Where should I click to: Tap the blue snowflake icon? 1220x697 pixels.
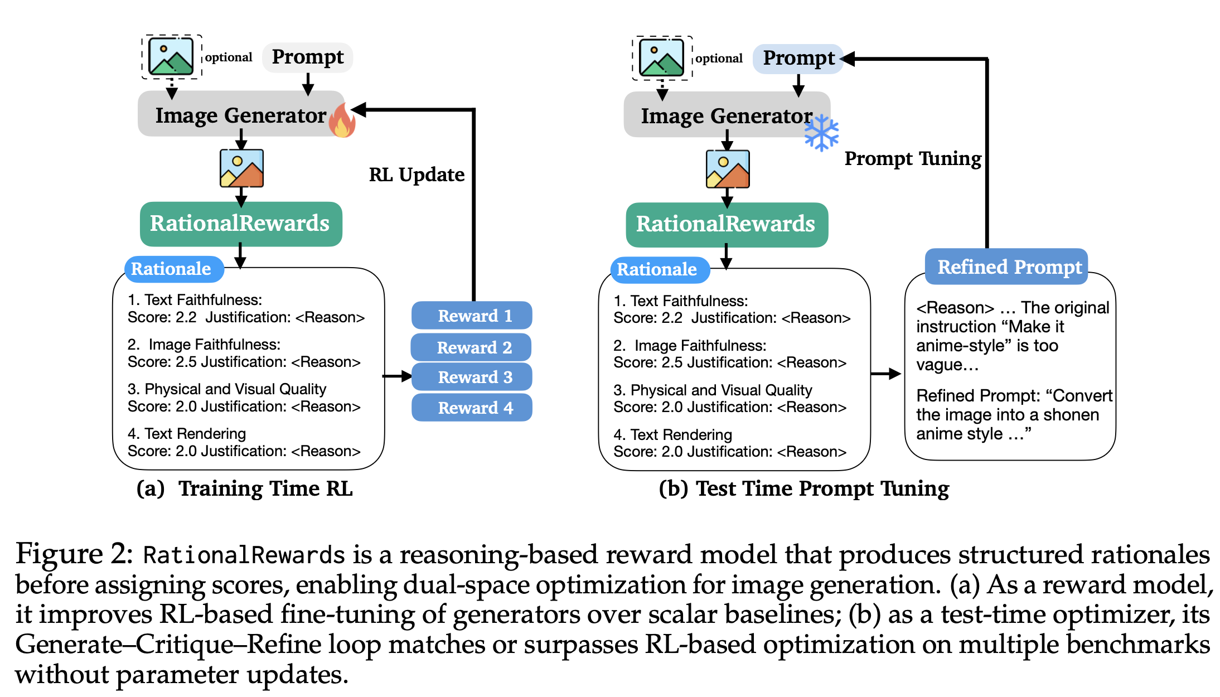coord(821,133)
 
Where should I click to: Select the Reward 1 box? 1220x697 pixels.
coord(472,316)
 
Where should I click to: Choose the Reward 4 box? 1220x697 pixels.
coord(472,408)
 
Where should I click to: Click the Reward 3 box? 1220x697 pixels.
coord(472,377)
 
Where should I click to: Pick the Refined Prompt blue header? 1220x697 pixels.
coord(1006,267)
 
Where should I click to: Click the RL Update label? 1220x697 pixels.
coord(417,175)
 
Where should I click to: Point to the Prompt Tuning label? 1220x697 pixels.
coord(913,158)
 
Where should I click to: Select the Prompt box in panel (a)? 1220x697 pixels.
coord(308,57)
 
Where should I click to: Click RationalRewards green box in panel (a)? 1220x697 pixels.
coord(240,224)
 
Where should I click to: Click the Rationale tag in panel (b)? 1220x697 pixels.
coord(657,269)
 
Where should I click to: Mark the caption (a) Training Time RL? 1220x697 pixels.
coord(245,488)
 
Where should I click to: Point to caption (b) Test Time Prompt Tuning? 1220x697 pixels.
coord(803,488)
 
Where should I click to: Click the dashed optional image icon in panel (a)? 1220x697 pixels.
coord(171,56)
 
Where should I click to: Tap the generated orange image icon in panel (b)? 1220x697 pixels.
coord(727,169)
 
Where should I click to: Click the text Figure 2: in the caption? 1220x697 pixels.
coord(74,554)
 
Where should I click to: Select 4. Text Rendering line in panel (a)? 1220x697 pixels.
coord(187,433)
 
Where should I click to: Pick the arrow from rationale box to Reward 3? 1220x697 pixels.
coord(398,376)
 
